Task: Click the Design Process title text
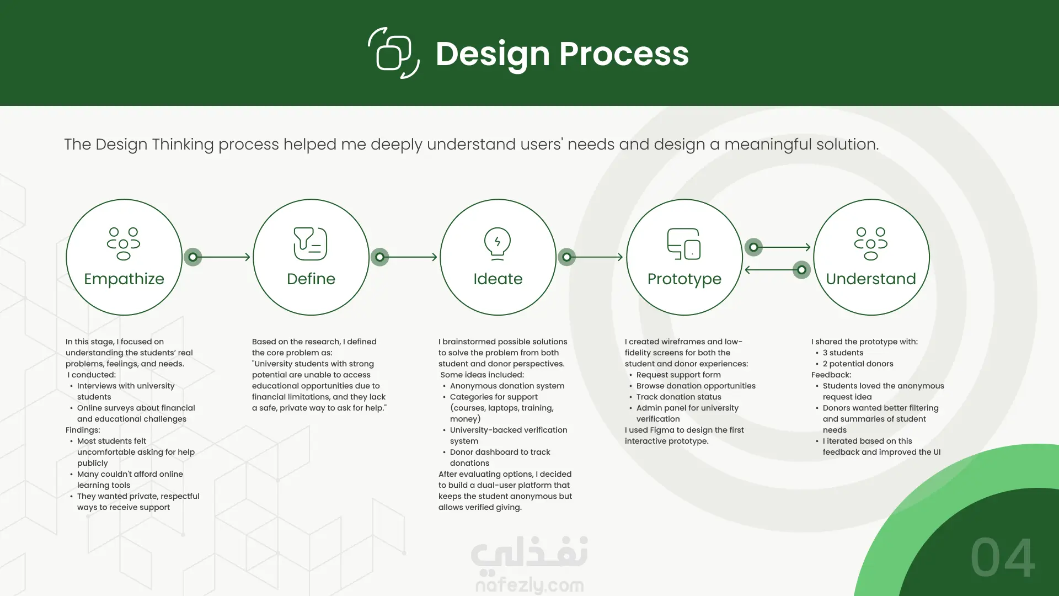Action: pyautogui.click(x=562, y=54)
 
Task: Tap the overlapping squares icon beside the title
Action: pyautogui.click(x=394, y=54)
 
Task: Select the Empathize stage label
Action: pyautogui.click(x=124, y=279)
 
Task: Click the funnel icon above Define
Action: pyautogui.click(x=311, y=243)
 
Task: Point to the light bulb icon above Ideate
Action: pyautogui.click(x=498, y=243)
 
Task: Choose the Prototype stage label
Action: pyautogui.click(x=684, y=279)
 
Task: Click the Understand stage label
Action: pyautogui.click(x=871, y=279)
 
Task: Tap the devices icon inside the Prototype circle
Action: pyautogui.click(x=684, y=243)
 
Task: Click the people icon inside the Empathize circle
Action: pyautogui.click(x=124, y=243)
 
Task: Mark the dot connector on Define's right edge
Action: pyautogui.click(x=379, y=257)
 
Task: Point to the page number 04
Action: pyautogui.click(x=1003, y=558)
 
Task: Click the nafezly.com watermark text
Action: pyautogui.click(x=529, y=584)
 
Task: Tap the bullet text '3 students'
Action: pyautogui.click(x=843, y=353)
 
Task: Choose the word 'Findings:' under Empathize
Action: pyautogui.click(x=83, y=430)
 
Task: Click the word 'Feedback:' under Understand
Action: pyautogui.click(x=831, y=375)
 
